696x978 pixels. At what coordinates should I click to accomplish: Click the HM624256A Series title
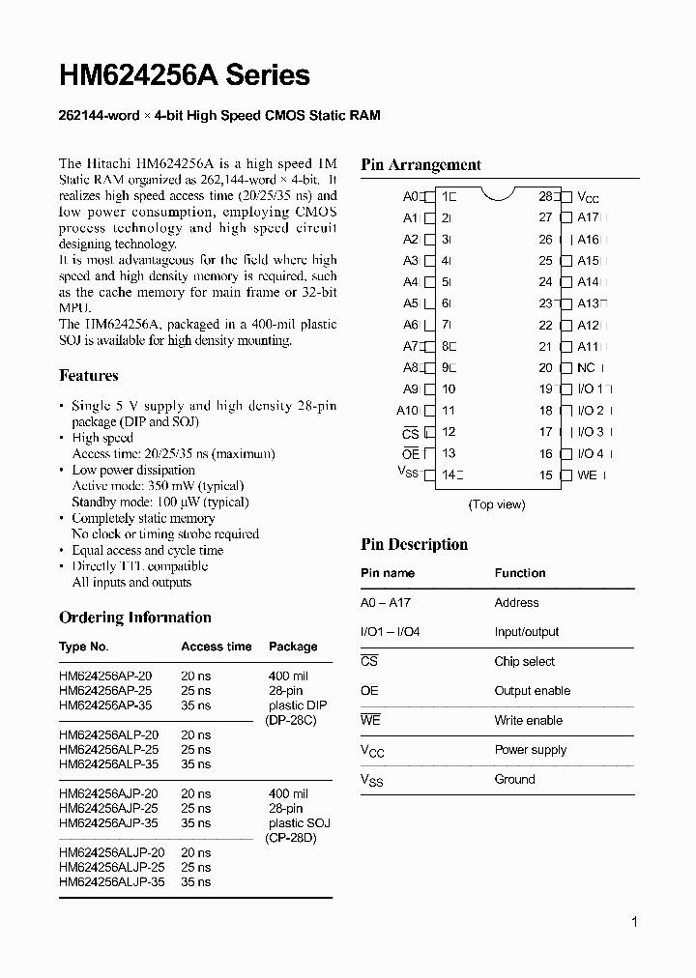(185, 75)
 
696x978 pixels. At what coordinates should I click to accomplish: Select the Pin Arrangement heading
(420, 164)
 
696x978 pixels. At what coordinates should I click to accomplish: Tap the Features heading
(89, 375)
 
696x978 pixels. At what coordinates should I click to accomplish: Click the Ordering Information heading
(134, 617)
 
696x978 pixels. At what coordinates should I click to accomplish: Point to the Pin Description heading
(414, 544)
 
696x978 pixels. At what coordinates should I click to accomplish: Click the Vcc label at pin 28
(588, 197)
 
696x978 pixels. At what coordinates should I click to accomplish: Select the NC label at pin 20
(586, 367)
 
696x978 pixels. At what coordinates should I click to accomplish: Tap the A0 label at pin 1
(410, 196)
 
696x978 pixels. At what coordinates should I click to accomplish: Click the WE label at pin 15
(587, 475)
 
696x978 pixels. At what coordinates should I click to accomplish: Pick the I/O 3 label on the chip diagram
(590, 432)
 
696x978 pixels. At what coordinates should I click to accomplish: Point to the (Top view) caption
(497, 504)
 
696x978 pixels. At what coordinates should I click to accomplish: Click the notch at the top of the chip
(497, 194)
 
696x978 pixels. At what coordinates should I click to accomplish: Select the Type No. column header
(84, 647)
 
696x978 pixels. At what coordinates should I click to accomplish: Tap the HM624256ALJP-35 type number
(111, 882)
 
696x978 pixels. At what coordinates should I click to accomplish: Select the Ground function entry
(514, 779)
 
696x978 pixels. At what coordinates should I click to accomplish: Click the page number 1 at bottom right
(634, 922)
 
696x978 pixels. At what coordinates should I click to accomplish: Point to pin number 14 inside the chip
(448, 475)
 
